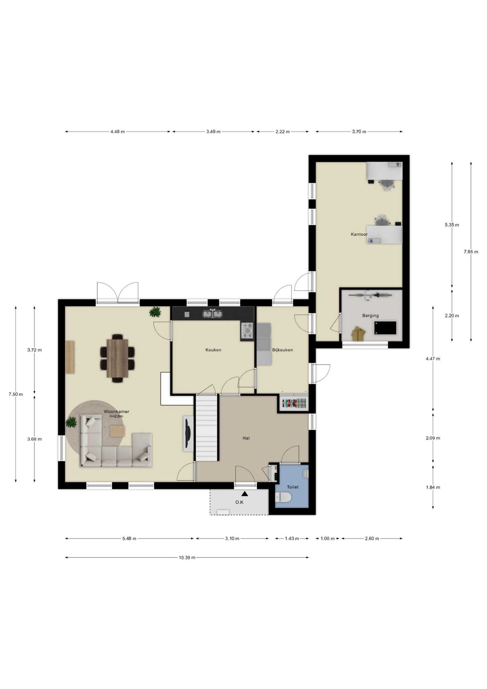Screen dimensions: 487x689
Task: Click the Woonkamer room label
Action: (x=116, y=411)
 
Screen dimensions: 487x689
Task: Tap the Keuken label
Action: (x=213, y=350)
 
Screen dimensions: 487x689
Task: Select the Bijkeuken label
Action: (x=283, y=350)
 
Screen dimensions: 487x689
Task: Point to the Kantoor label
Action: (x=359, y=234)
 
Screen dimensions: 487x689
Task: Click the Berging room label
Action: (x=371, y=315)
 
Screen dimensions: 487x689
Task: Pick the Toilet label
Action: (x=293, y=487)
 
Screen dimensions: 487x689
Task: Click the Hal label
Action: (x=246, y=438)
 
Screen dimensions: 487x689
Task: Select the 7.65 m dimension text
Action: (x=471, y=252)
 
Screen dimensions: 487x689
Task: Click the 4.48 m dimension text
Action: (x=118, y=132)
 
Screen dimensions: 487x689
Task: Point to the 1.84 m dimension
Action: (x=433, y=487)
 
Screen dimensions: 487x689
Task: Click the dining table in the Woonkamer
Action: (x=117, y=358)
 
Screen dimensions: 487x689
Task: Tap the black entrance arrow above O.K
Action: (x=245, y=493)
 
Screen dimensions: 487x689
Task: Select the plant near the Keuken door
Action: (x=155, y=312)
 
